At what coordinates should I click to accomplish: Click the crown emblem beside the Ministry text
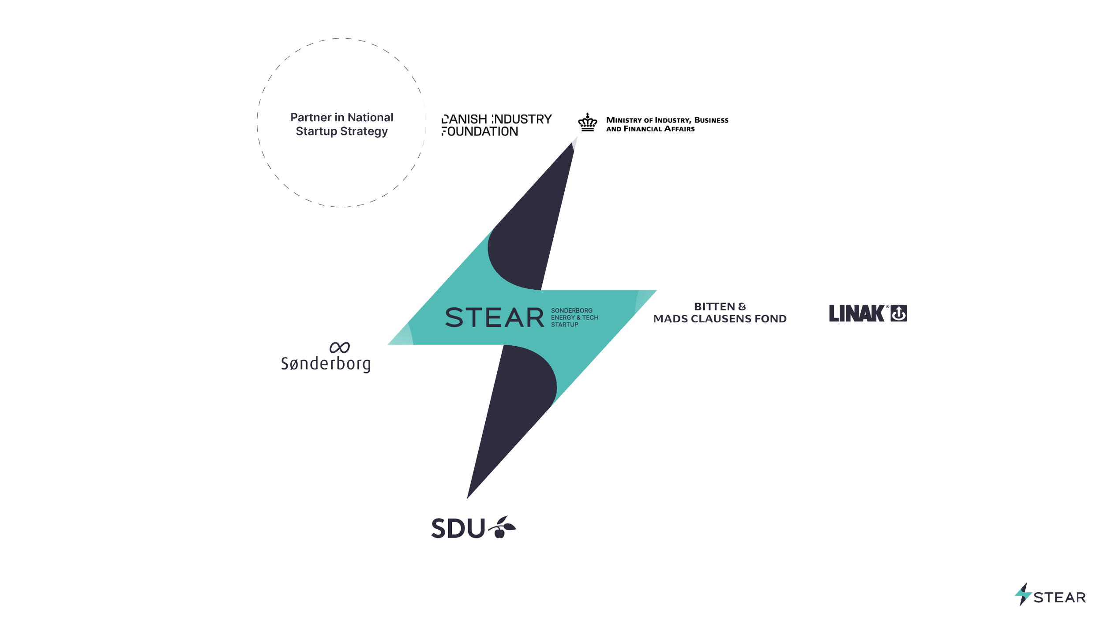pos(587,123)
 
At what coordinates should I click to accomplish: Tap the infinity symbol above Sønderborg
pos(339,347)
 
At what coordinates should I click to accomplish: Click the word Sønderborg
pos(326,364)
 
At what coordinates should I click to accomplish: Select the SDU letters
pos(458,528)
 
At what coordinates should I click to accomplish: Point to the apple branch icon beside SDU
pos(502,527)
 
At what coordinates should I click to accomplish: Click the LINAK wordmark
pos(856,314)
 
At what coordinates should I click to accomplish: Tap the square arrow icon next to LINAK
pos(898,314)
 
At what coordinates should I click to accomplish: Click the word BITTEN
pos(714,306)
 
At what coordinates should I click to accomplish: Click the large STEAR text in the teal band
pos(494,317)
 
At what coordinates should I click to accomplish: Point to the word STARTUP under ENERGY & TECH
pos(564,325)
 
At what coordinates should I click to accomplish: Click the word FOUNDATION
pos(480,131)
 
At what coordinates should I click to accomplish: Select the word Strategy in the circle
pos(364,131)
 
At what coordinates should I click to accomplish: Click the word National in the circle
pos(370,117)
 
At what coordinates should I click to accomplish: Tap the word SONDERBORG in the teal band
pos(571,310)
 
